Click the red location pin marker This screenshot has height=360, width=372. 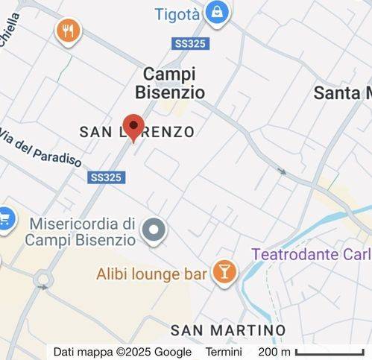tap(133, 127)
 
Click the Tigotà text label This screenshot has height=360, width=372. tap(178, 14)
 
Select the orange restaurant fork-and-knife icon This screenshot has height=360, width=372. tap(69, 31)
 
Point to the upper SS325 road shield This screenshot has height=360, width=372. tap(191, 44)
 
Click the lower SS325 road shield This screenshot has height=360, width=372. tap(107, 177)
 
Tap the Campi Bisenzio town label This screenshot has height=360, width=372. tap(169, 83)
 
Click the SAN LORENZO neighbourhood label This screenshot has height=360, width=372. tap(136, 133)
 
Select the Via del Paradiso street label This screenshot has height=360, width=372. tap(40, 149)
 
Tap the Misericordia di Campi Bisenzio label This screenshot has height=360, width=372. tap(82, 232)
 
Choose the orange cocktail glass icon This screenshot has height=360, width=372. tap(223, 271)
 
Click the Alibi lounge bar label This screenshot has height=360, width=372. tap(151, 274)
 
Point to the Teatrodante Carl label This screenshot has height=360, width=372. tap(311, 254)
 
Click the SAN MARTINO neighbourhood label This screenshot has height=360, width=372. tap(228, 329)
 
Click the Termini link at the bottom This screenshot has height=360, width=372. tap(224, 352)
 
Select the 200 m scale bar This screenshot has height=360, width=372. tap(328, 352)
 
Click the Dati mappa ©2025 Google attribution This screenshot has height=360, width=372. tap(122, 352)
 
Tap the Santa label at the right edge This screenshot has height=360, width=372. tap(342, 92)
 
